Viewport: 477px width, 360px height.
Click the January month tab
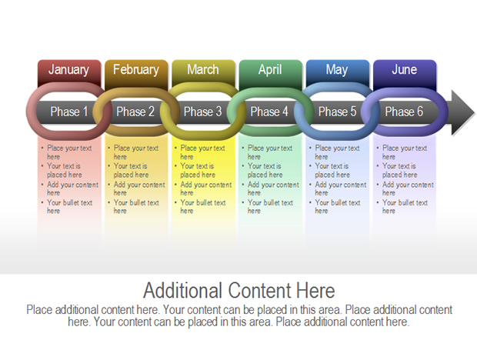pyautogui.click(x=69, y=71)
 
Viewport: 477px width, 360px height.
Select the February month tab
pyautogui.click(x=136, y=71)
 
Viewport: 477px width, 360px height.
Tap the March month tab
pyautogui.click(x=203, y=71)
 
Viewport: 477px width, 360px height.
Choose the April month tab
pyautogui.click(x=271, y=71)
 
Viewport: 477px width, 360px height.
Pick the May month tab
pyautogui.click(x=338, y=71)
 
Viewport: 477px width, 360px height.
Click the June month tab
pyautogui.click(x=405, y=71)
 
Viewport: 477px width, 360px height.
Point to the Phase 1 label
pyautogui.click(x=69, y=112)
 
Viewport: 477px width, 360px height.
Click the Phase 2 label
pyautogui.click(x=135, y=112)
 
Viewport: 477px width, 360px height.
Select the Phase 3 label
pyautogui.click(x=202, y=112)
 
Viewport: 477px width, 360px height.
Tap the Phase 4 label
pyautogui.click(x=269, y=112)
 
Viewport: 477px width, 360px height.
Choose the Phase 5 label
pyautogui.click(x=337, y=112)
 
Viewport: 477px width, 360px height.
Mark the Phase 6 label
pyautogui.click(x=404, y=112)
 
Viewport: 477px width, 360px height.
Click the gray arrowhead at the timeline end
pyautogui.click(x=462, y=112)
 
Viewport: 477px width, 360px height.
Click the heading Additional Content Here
pyautogui.click(x=239, y=290)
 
